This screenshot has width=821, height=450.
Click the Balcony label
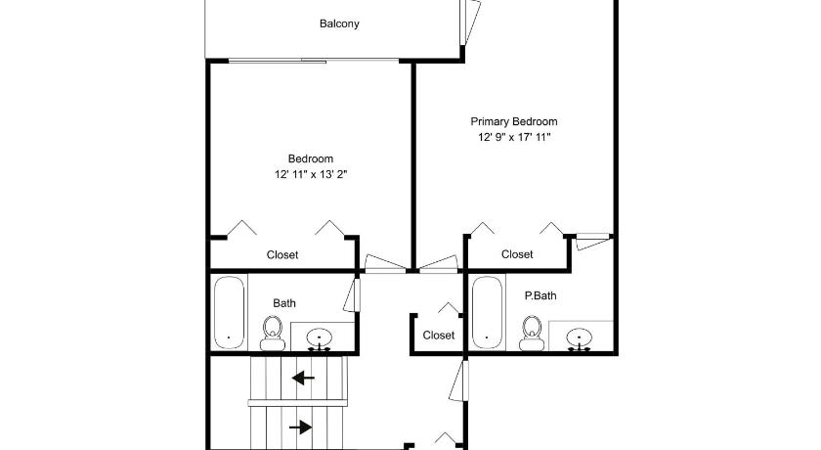(339, 23)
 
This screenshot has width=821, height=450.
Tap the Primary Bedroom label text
(514, 121)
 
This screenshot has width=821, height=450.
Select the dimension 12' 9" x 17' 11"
(514, 137)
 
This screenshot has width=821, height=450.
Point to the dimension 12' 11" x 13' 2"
(311, 174)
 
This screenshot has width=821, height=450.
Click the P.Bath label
(540, 296)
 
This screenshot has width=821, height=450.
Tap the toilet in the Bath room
(273, 334)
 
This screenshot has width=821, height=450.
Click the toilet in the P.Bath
(532, 334)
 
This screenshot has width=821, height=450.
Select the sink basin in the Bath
(319, 337)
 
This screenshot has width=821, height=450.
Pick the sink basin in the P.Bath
(580, 337)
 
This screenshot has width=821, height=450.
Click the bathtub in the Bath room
(230, 312)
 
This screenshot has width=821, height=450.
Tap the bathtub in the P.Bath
(488, 312)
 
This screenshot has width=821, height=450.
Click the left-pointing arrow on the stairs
(303, 378)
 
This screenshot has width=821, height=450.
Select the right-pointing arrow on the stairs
(301, 427)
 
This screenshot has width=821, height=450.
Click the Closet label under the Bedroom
(282, 255)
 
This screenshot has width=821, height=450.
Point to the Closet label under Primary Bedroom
(517, 254)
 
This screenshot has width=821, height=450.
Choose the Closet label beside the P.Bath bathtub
(438, 336)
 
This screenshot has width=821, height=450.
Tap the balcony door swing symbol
(470, 22)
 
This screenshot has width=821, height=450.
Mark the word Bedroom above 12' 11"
(311, 158)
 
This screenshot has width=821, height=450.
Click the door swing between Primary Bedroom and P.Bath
(594, 242)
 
